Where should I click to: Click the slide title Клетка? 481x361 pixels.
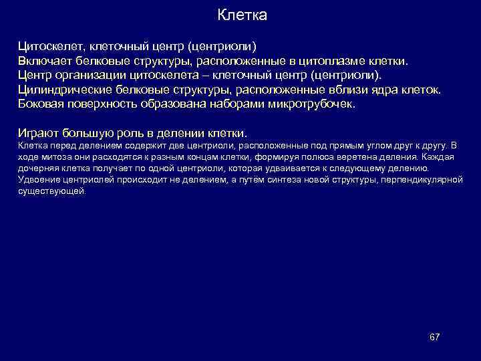(x=243, y=15)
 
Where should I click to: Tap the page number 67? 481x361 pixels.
(x=434, y=336)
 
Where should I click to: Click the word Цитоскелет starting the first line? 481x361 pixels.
(x=48, y=47)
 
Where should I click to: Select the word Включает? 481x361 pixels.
(x=45, y=61)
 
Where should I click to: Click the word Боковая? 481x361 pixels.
(x=42, y=105)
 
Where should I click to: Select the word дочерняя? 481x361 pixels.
(x=40, y=168)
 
